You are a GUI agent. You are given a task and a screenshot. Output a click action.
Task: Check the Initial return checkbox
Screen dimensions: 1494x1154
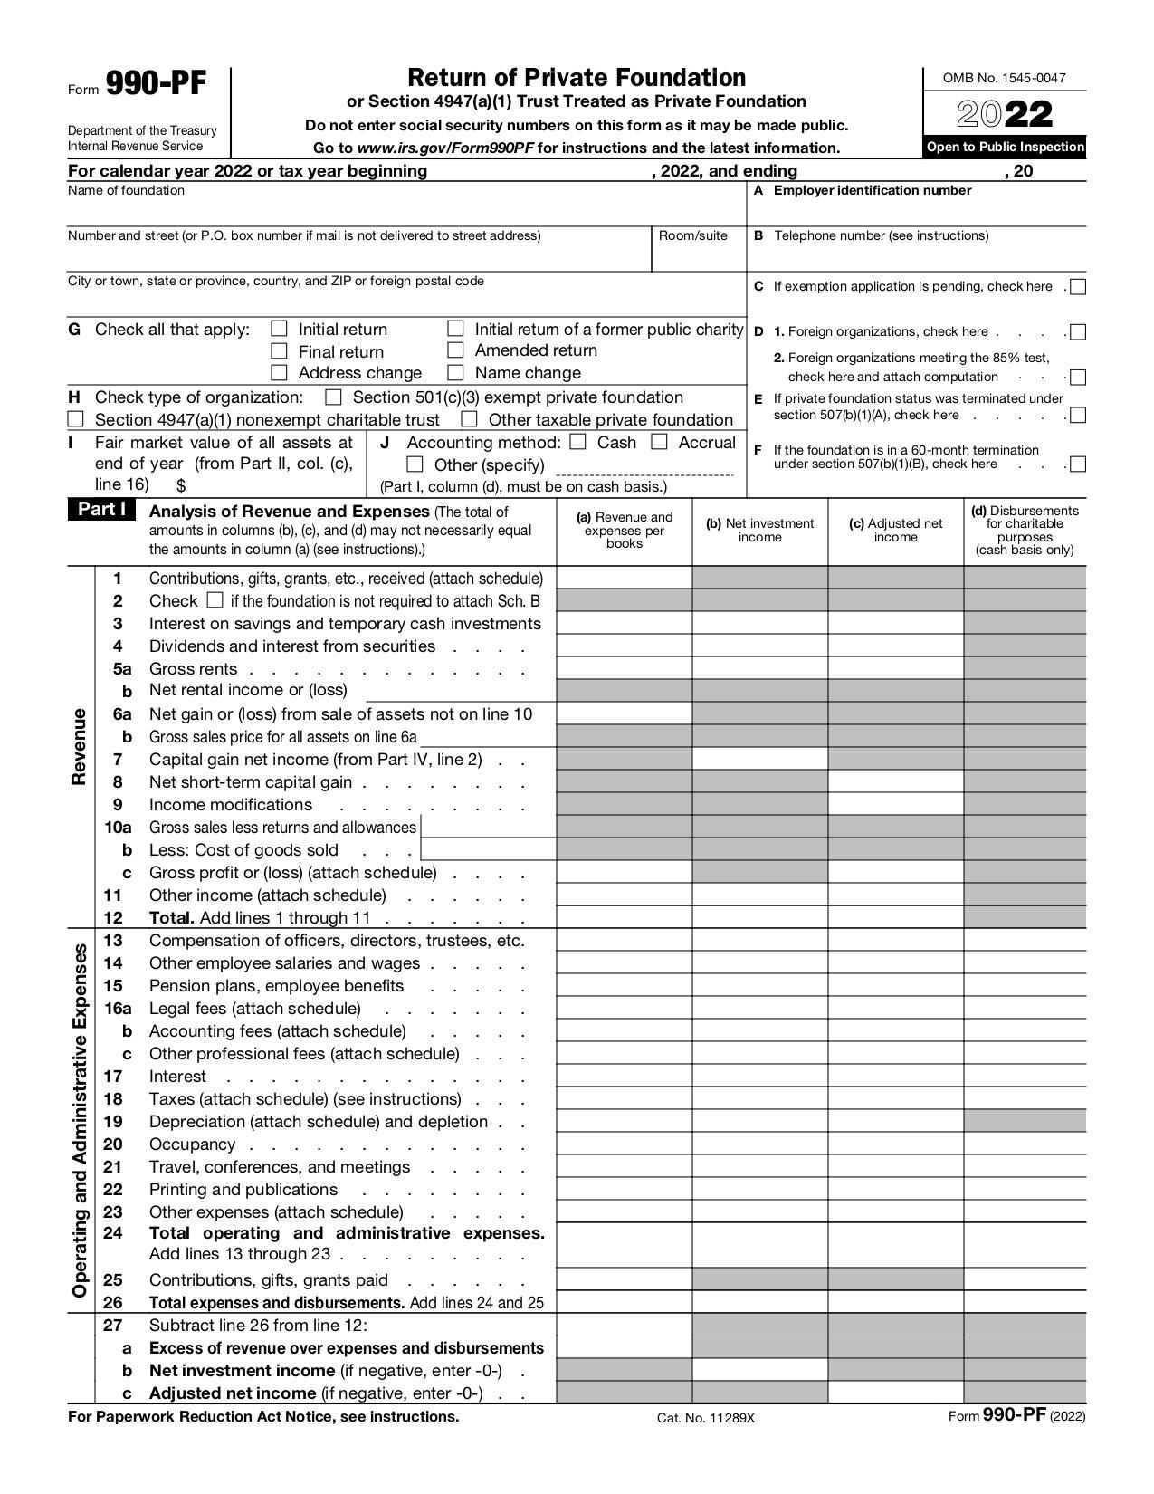point(280,329)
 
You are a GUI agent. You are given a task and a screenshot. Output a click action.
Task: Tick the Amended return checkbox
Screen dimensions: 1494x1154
point(456,350)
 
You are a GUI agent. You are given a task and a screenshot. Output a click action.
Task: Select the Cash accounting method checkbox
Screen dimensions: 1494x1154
point(579,442)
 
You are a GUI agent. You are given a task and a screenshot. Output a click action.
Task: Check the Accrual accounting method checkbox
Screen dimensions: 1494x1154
point(660,442)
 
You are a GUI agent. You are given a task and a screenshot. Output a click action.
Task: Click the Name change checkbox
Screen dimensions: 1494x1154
point(456,372)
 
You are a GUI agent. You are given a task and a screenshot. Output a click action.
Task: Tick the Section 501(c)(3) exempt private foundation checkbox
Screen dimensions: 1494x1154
point(334,397)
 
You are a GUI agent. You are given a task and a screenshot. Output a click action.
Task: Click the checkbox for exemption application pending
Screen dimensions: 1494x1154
point(1078,287)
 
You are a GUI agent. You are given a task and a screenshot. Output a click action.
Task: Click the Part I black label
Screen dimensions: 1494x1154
point(101,510)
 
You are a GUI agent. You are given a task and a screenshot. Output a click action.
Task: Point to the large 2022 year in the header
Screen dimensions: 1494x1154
point(1005,115)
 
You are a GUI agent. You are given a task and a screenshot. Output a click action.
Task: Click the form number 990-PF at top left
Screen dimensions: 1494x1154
point(156,84)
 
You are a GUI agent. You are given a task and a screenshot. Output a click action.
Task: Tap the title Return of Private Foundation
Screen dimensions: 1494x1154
point(577,77)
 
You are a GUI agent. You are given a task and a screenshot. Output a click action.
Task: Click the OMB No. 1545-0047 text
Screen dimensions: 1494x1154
point(1004,78)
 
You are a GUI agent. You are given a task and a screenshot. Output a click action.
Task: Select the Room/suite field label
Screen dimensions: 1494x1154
point(692,235)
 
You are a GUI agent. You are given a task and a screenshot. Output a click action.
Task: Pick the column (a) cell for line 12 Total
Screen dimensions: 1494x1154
point(624,917)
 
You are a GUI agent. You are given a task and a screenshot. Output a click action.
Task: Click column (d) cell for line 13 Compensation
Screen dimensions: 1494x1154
point(1025,940)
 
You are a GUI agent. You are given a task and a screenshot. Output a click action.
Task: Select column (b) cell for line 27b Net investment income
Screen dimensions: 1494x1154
point(759,1370)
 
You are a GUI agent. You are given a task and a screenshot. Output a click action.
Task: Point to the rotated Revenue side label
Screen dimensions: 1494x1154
point(79,747)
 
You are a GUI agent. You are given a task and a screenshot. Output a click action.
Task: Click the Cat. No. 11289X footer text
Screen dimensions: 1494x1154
point(705,1418)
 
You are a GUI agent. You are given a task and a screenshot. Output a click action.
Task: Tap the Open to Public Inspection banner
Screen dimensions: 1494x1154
point(1005,147)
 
